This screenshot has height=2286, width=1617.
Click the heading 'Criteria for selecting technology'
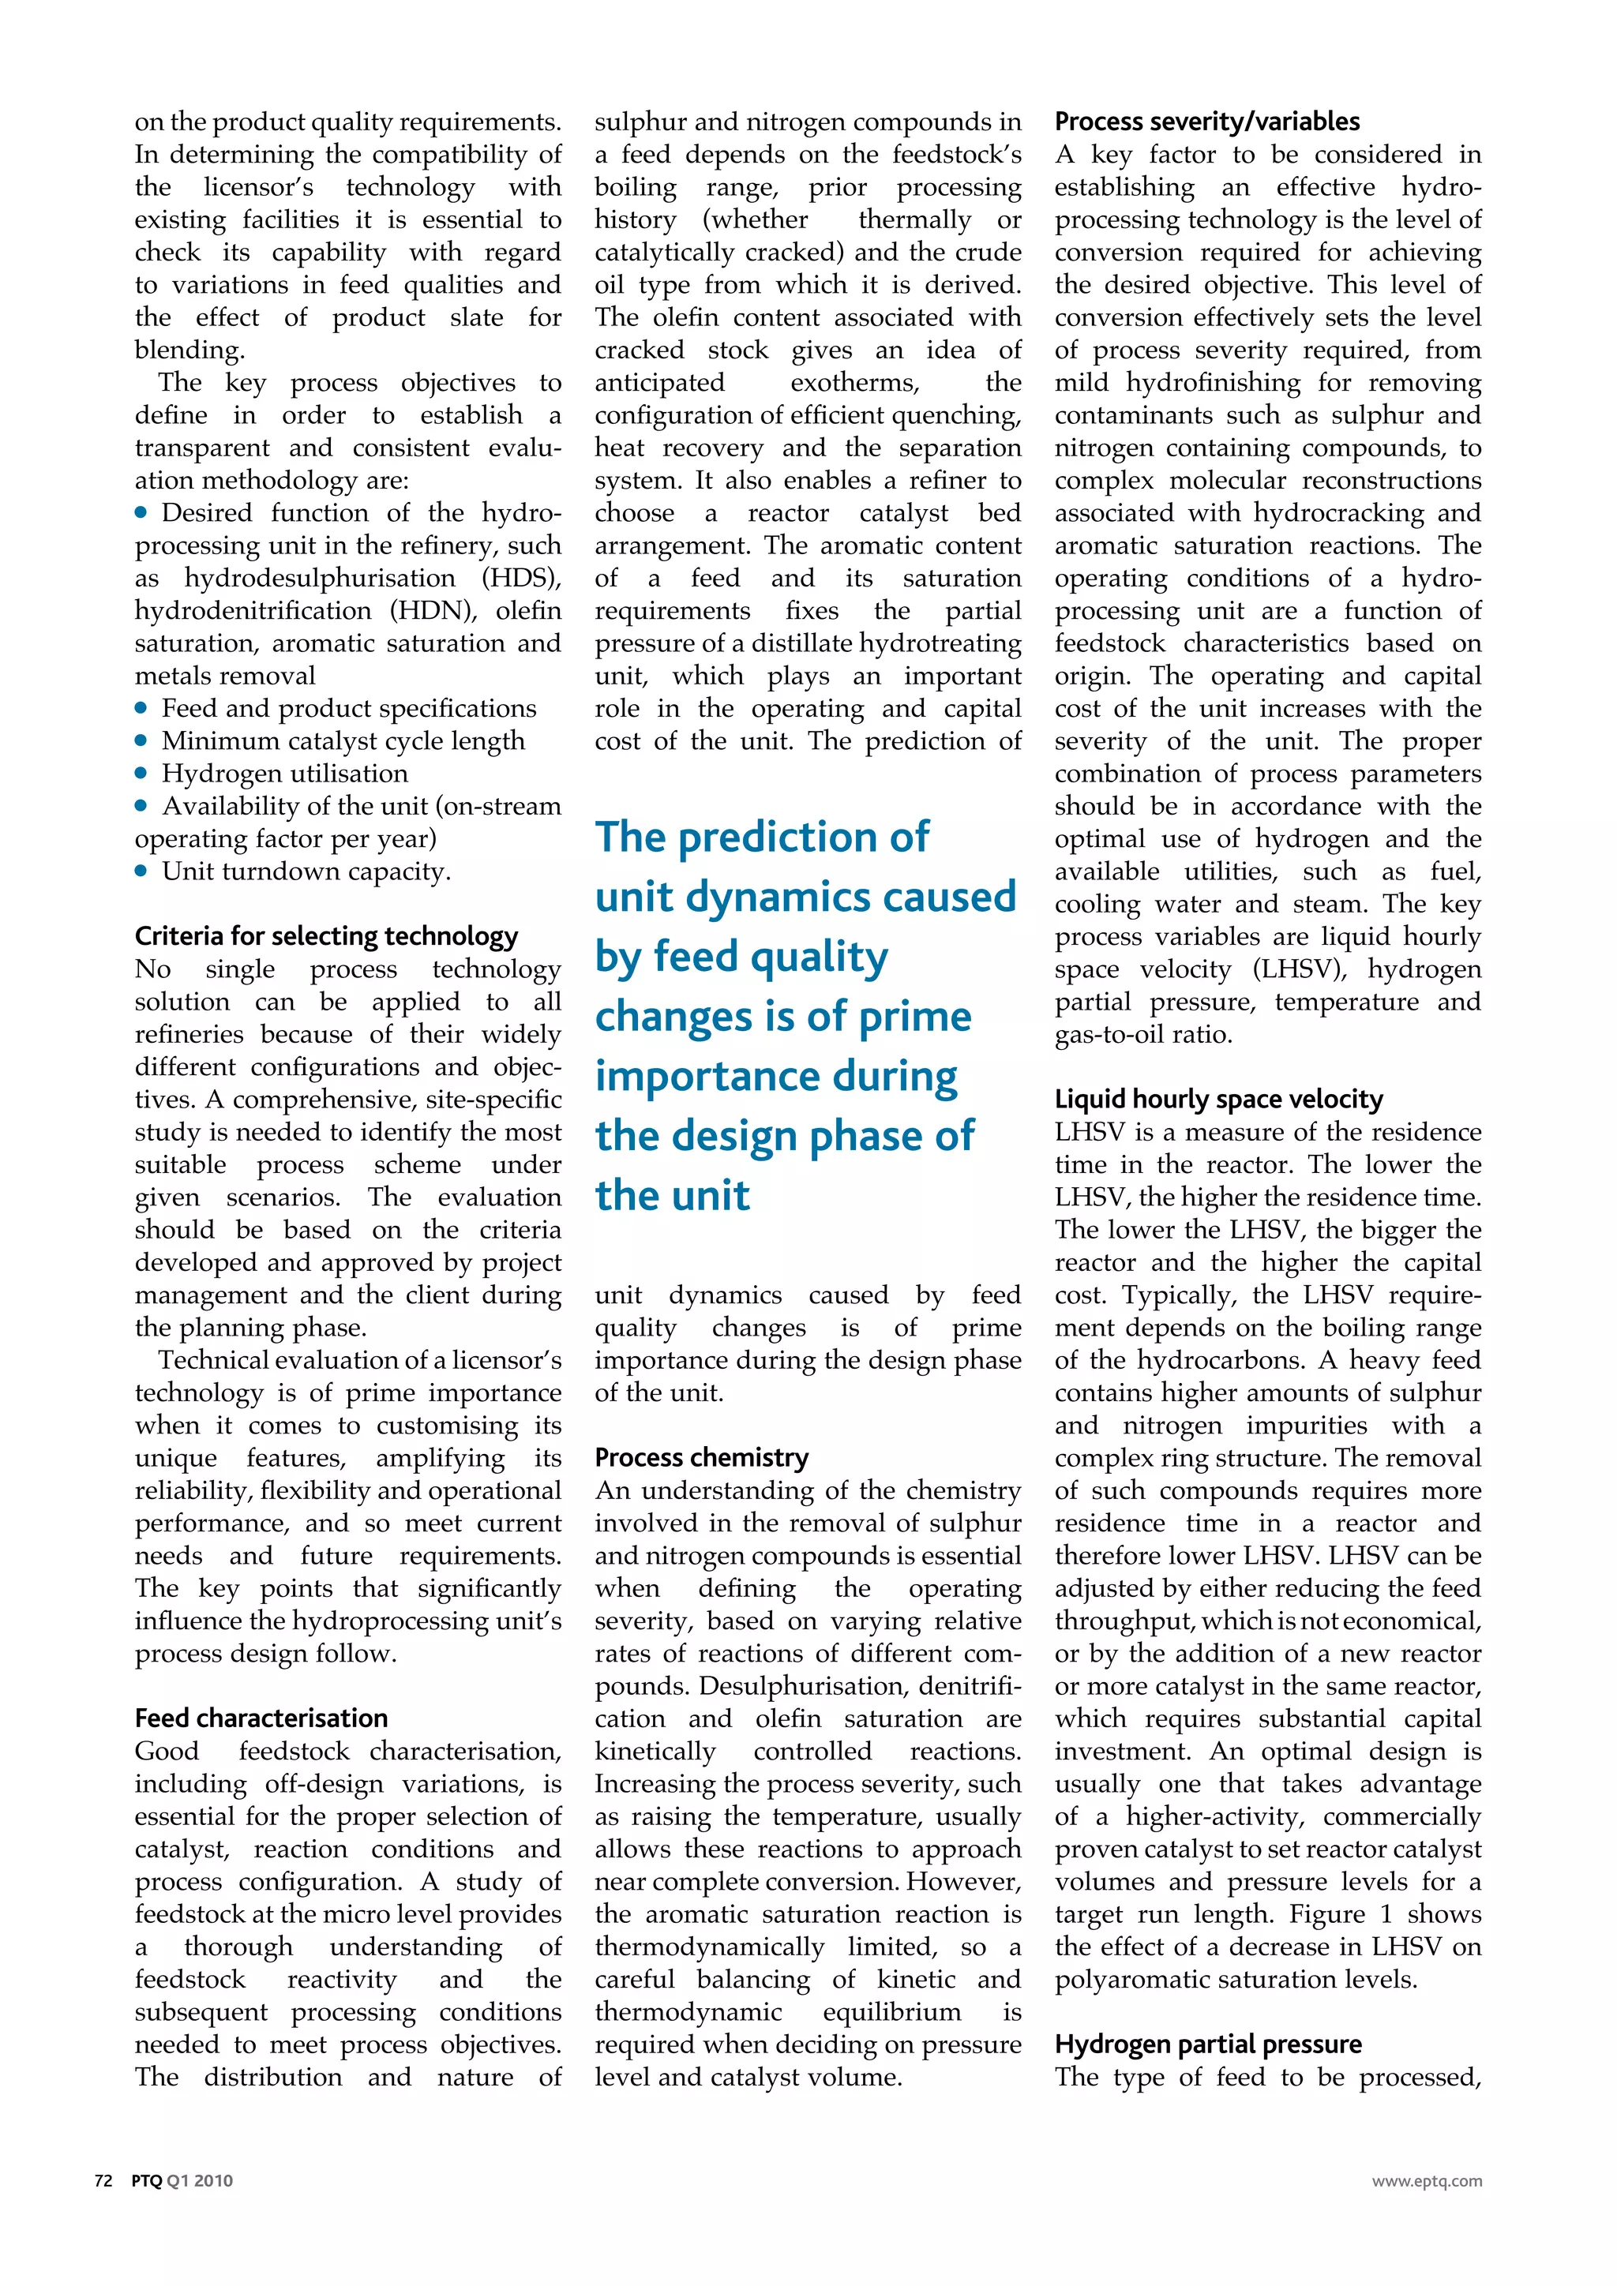tap(327, 936)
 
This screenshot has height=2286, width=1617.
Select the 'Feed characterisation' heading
tap(261, 1718)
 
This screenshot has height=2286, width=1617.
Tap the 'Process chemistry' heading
tap(701, 1458)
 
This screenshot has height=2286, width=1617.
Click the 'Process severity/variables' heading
tap(1206, 122)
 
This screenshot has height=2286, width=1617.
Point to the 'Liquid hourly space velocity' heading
tap(1219, 1100)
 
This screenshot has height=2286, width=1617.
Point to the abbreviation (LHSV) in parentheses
tap(1300, 970)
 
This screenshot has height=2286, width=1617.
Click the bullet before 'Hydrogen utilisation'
tap(141, 773)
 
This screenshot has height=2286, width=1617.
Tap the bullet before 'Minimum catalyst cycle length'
tap(141, 740)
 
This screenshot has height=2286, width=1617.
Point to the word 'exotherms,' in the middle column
tap(854, 384)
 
